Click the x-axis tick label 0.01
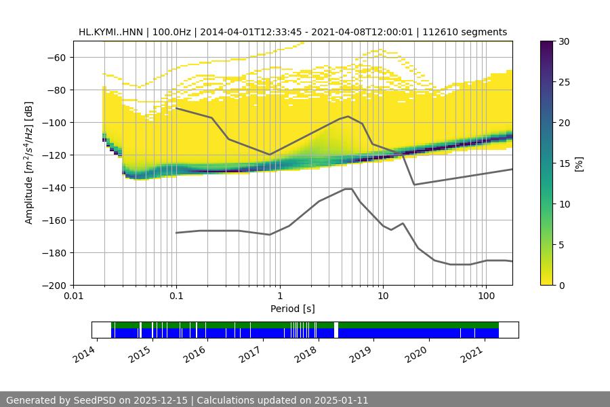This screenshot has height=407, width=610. point(73,296)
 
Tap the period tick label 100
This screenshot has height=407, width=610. point(485,296)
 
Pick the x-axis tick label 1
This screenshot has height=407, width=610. point(279,296)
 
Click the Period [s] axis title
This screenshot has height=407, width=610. point(293,309)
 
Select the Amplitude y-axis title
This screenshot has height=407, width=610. point(29,163)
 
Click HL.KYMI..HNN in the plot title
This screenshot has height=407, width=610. point(113,32)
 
